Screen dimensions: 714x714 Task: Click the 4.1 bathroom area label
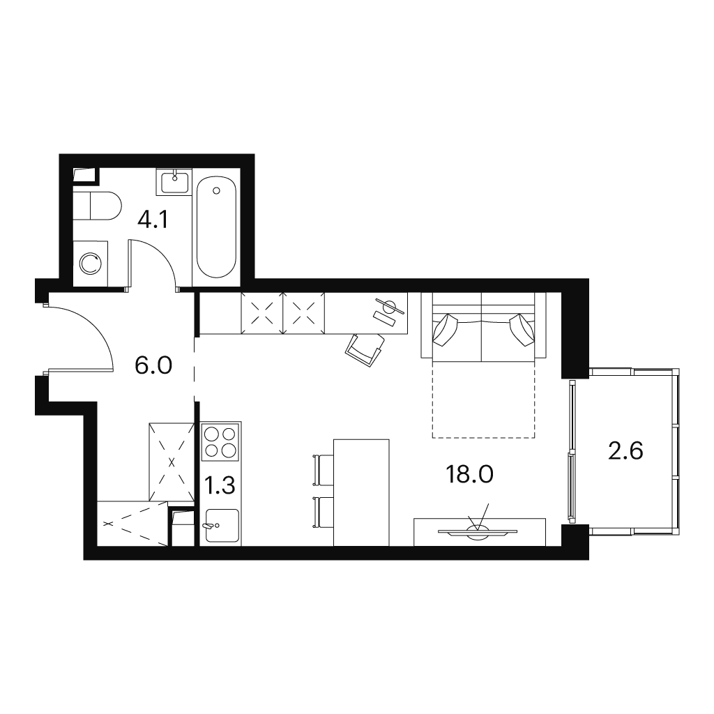tap(153, 220)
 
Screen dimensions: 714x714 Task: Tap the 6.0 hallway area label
tap(153, 365)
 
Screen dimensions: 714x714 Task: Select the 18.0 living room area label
tap(470, 474)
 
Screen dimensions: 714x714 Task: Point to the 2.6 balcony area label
tap(625, 451)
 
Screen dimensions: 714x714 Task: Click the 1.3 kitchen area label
tap(220, 485)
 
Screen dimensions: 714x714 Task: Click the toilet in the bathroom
tap(97, 206)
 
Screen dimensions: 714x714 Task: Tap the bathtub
tap(216, 227)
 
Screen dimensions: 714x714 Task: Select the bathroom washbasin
tap(174, 182)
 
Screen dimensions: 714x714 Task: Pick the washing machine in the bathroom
tap(91, 264)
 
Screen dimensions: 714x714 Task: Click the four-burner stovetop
tap(221, 441)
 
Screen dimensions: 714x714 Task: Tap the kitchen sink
tap(222, 526)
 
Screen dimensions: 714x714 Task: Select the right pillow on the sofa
tap(522, 329)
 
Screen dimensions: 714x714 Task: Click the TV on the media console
tap(477, 531)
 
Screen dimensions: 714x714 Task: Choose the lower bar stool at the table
tap(324, 513)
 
